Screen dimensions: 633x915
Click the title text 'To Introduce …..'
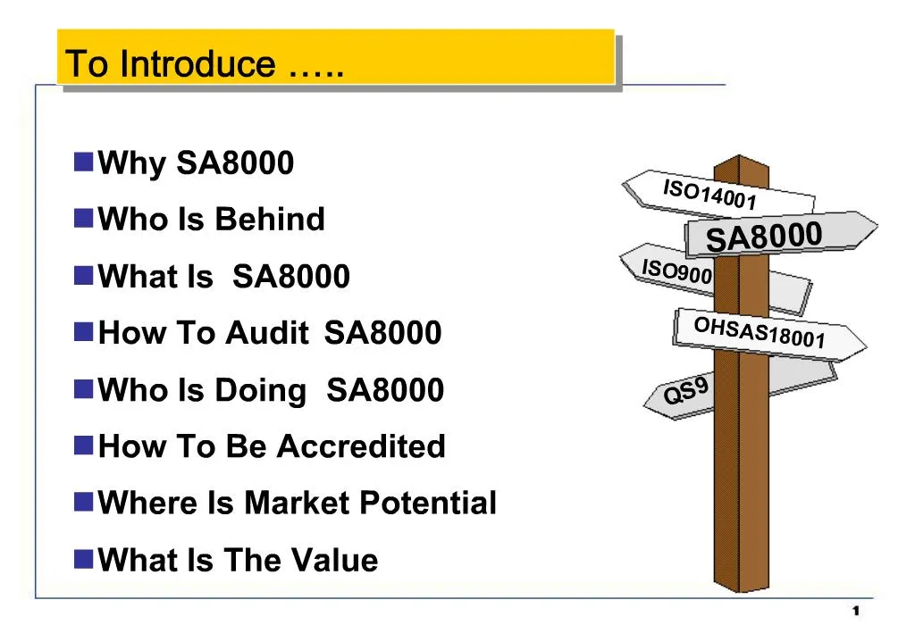point(205,64)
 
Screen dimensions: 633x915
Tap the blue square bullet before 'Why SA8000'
point(84,162)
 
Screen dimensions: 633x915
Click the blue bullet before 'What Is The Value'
point(84,559)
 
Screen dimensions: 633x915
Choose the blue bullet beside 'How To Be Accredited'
point(84,445)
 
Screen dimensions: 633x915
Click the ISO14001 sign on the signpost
point(710,194)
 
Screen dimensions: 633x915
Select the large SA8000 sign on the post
point(764,237)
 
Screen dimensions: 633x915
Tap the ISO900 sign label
point(676,271)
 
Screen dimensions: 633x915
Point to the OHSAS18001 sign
point(759,332)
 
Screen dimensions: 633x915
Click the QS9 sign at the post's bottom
point(686,391)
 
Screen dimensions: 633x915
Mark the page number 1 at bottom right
point(855,611)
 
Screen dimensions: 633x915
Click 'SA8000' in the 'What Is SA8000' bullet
point(291,277)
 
